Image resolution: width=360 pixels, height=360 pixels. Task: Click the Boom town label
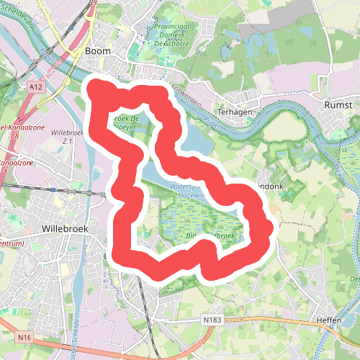(x=98, y=51)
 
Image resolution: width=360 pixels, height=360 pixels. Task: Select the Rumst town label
(x=338, y=104)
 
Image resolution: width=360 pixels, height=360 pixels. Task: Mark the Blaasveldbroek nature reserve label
(x=209, y=235)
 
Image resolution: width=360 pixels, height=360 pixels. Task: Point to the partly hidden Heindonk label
(x=274, y=186)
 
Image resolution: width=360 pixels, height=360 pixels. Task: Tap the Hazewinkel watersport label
(x=187, y=190)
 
